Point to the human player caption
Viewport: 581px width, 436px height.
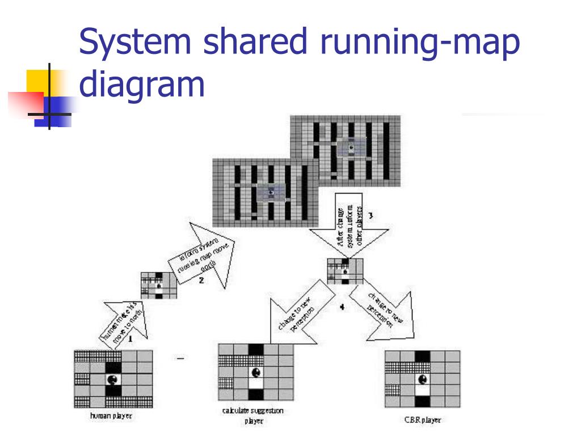click(111, 416)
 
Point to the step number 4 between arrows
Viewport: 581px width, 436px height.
click(342, 307)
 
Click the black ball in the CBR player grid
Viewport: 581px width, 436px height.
click(422, 379)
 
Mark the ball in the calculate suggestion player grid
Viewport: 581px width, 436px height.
click(256, 373)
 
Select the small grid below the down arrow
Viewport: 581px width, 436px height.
click(345, 270)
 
